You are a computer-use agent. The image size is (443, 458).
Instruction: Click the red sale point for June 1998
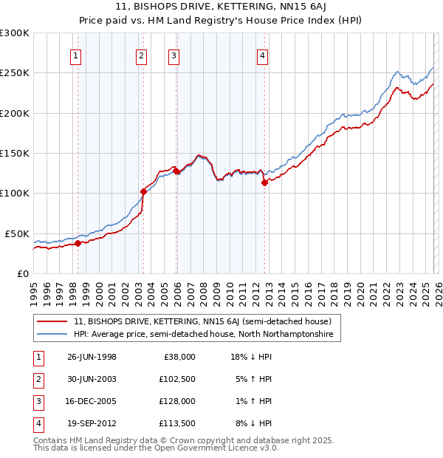[78, 243]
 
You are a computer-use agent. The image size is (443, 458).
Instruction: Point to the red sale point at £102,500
[142, 191]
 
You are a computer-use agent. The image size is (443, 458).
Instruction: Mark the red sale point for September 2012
[264, 182]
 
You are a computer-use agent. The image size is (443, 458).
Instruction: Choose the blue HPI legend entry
[203, 335]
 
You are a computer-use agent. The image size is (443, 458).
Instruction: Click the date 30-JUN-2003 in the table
[92, 378]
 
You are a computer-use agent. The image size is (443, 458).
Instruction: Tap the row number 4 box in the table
[37, 423]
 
